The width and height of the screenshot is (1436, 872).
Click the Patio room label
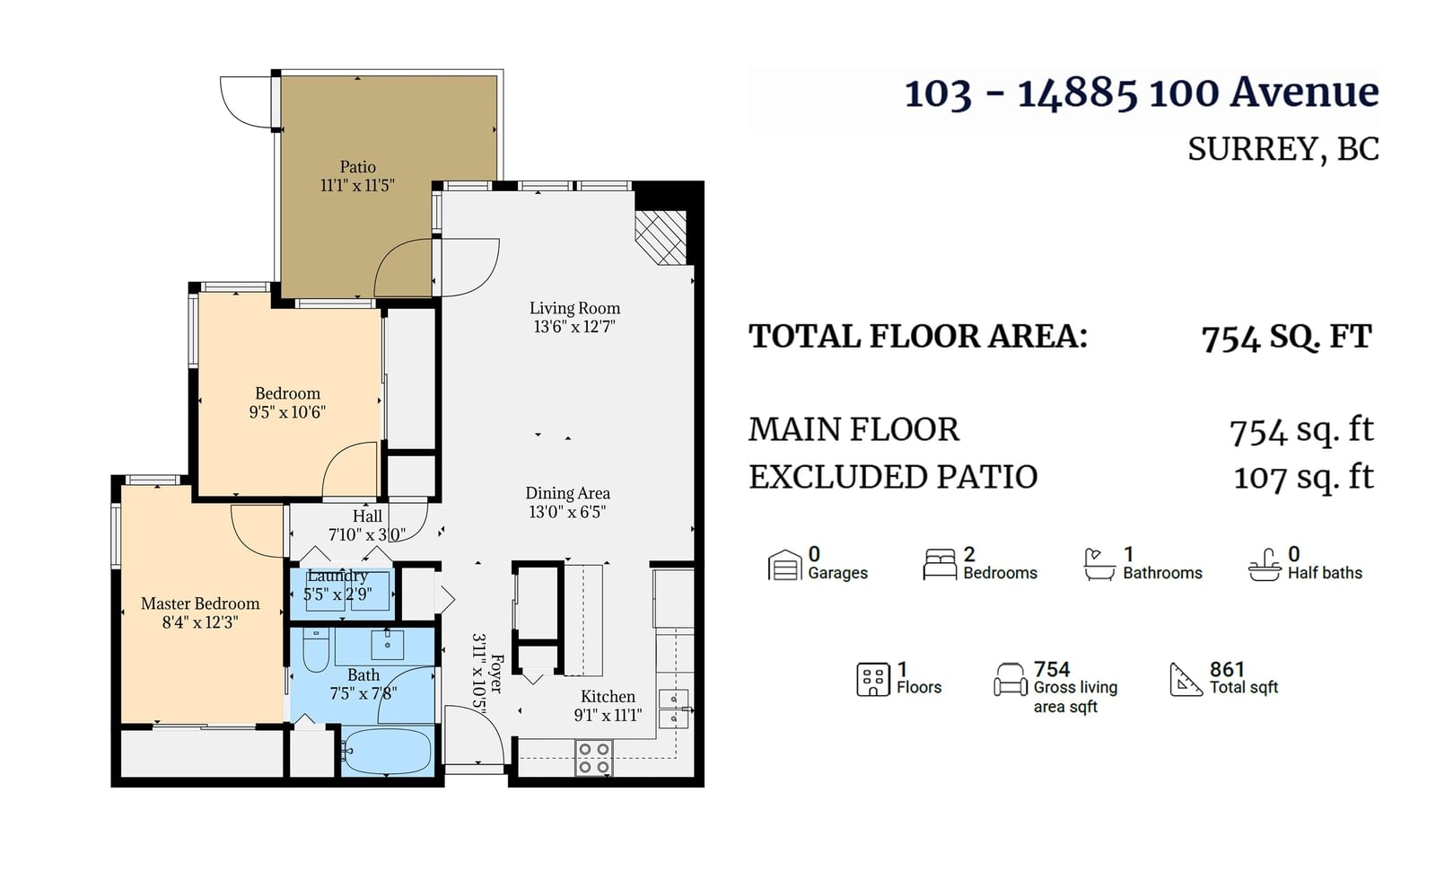pos(357,167)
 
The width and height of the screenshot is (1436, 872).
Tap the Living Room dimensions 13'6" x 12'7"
pos(574,327)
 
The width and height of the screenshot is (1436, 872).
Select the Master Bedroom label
pos(200,603)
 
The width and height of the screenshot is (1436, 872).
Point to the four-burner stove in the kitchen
pos(593,758)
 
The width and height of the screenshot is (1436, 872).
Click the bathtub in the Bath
pos(387,751)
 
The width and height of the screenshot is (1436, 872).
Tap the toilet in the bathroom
pos(315,649)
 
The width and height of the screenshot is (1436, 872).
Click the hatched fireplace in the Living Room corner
pos(661,237)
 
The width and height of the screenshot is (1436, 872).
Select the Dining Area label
pos(567,493)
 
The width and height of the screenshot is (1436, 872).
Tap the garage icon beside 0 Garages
pos(784,565)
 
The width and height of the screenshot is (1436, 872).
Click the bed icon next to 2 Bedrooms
pos(940,565)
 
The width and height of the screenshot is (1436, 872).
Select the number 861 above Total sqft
pos(1227,669)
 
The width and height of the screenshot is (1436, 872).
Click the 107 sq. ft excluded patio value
pos(1304,478)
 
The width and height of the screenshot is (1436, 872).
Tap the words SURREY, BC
pos(1283,149)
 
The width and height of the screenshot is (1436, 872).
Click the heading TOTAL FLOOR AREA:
pos(918,336)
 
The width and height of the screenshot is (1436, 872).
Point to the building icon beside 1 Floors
pos(873,680)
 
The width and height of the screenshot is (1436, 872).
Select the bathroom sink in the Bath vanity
pos(387,644)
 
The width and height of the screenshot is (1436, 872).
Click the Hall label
pos(367,515)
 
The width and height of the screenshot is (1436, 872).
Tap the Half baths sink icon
pos(1265,565)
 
